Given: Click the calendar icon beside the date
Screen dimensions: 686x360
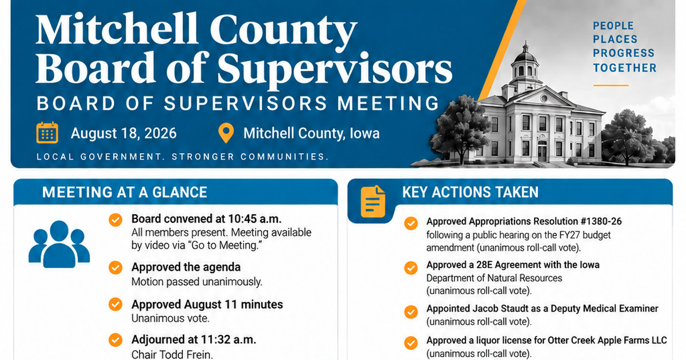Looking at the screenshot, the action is pyautogui.click(x=47, y=133).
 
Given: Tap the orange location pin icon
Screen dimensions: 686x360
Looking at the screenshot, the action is pyautogui.click(x=226, y=133).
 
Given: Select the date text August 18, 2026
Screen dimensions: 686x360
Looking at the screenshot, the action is pyautogui.click(x=123, y=134).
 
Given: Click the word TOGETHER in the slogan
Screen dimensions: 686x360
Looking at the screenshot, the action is pyautogui.click(x=625, y=68).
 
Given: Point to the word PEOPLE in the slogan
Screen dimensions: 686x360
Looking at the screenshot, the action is pyautogui.click(x=613, y=26).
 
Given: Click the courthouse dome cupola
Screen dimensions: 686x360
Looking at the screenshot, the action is pyautogui.click(x=525, y=63).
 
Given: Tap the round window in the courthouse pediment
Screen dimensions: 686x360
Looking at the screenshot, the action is pyautogui.click(x=544, y=98).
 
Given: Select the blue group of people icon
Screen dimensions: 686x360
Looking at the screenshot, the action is pyautogui.click(x=59, y=244).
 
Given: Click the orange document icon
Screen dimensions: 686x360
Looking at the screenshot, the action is pyautogui.click(x=373, y=201).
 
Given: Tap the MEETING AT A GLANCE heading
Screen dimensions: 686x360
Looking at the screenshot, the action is pyautogui.click(x=125, y=192).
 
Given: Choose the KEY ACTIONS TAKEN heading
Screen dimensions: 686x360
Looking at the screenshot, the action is pyautogui.click(x=470, y=192).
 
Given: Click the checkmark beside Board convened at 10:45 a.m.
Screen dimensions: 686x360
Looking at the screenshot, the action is pyautogui.click(x=115, y=220).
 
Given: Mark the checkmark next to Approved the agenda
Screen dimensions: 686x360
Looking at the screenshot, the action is pyautogui.click(x=115, y=267).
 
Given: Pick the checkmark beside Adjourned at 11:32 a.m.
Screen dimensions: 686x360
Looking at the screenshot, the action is pyautogui.click(x=115, y=340).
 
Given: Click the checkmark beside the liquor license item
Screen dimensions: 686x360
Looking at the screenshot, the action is pyautogui.click(x=411, y=343).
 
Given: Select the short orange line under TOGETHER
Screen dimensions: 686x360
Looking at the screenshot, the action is pyautogui.click(x=611, y=85).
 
